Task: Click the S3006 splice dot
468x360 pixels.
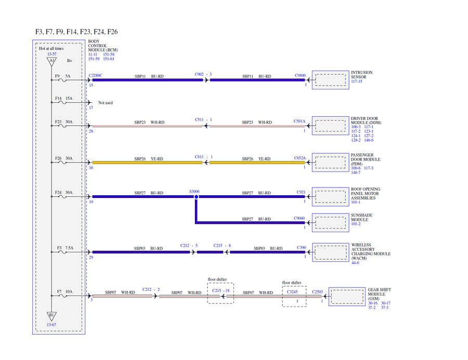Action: (196, 197)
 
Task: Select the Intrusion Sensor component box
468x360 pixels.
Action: (331, 79)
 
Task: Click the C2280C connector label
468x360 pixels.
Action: (96, 75)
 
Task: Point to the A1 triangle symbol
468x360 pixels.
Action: (51, 61)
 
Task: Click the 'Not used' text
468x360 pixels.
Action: (106, 103)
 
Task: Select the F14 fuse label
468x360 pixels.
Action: (58, 98)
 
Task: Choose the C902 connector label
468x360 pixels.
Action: (199, 74)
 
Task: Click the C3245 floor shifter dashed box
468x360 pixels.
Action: (294, 296)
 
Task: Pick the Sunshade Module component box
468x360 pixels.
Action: (331, 222)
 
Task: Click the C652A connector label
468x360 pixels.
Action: (300, 157)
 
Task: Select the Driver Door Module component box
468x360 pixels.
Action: (331, 126)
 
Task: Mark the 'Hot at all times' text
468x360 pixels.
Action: (51, 48)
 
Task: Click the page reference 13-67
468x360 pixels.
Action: (51, 325)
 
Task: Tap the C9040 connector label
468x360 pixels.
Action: (300, 218)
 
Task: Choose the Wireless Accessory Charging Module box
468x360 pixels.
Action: (331, 252)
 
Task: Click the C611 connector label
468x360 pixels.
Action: (199, 156)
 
